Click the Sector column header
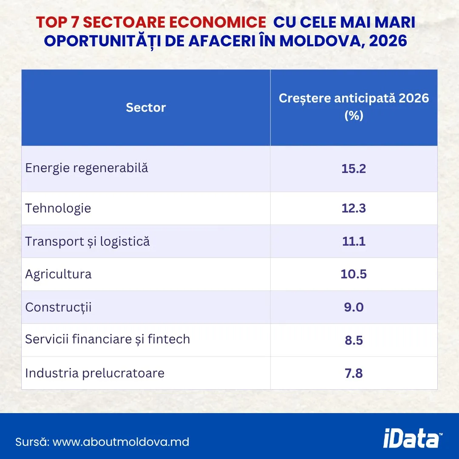click(146, 108)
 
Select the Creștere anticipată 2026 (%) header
click(354, 107)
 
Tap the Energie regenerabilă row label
click(87, 168)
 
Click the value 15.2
click(354, 169)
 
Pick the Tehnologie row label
click(58, 208)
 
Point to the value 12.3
click(354, 208)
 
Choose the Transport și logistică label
click(88, 241)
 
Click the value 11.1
click(354, 241)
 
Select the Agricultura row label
click(58, 274)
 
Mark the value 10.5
click(354, 274)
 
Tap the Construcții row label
click(58, 307)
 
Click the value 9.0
click(354, 307)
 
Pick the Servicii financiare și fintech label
click(108, 340)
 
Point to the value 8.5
click(354, 340)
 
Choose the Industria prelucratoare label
click(95, 373)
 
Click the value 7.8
click(354, 373)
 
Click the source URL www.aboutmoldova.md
click(121, 442)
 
